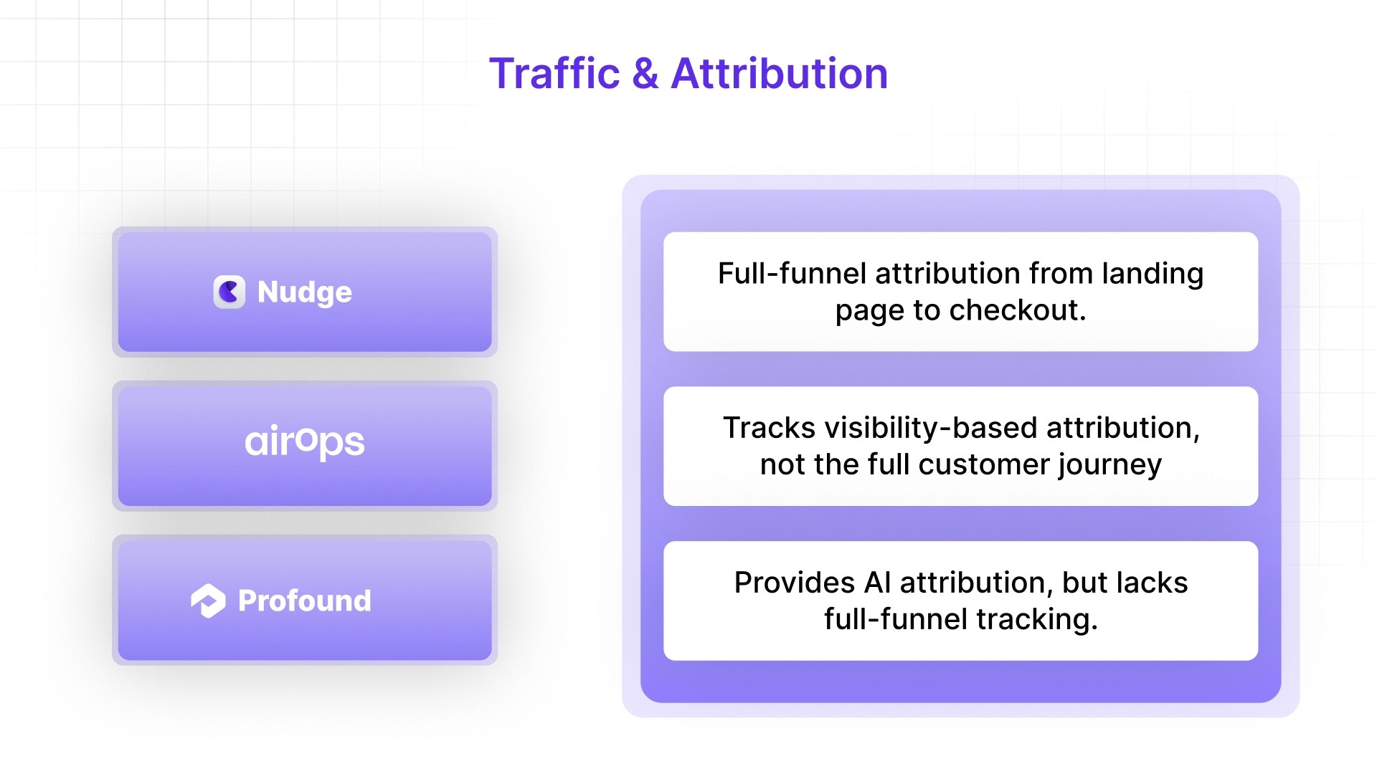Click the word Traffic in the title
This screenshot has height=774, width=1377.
pyautogui.click(x=554, y=74)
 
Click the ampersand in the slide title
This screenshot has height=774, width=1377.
pyautogui.click(x=645, y=74)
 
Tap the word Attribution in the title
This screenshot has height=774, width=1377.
pyautogui.click(x=779, y=74)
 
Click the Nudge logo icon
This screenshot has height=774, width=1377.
pyautogui.click(x=229, y=292)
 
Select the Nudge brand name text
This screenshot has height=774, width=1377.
pyautogui.click(x=305, y=292)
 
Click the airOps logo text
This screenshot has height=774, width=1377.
pyautogui.click(x=305, y=441)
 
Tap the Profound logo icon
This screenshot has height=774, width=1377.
pyautogui.click(x=208, y=601)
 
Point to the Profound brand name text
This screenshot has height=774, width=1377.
pyautogui.click(x=305, y=601)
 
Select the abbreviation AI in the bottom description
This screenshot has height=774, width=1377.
pyautogui.click(x=877, y=583)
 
